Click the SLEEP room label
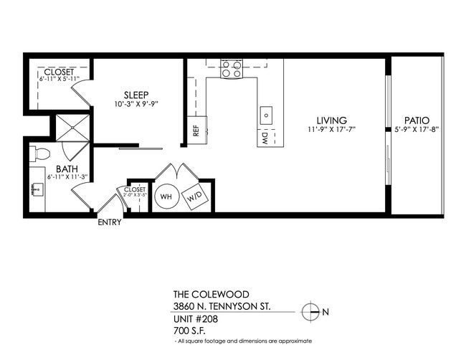click(x=136, y=95)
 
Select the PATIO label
click(x=417, y=120)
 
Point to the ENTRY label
click(x=110, y=222)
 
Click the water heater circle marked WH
click(x=166, y=196)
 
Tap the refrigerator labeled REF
click(x=196, y=131)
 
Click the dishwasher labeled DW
click(x=265, y=137)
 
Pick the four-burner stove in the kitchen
click(x=231, y=68)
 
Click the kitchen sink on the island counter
click(x=266, y=114)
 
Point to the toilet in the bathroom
click(x=41, y=153)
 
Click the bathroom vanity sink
click(x=36, y=189)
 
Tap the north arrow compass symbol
click(x=310, y=312)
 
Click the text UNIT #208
click(x=196, y=318)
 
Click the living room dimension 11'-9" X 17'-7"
click(x=331, y=130)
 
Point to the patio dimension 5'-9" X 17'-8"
click(x=417, y=130)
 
